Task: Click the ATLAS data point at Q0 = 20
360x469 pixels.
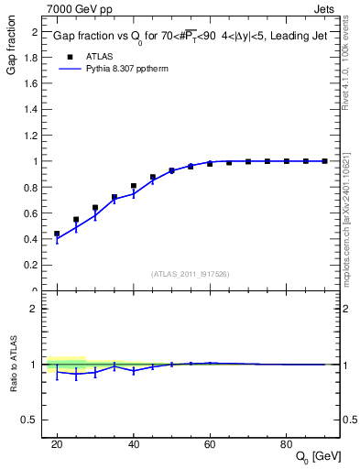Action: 57,234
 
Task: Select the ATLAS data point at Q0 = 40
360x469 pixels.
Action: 134,186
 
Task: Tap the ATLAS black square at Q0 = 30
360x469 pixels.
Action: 95,208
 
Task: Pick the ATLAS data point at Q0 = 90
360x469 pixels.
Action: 325,161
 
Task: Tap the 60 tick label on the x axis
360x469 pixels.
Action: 210,443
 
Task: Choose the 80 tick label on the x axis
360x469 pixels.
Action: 287,443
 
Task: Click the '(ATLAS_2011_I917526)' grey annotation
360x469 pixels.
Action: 191,274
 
